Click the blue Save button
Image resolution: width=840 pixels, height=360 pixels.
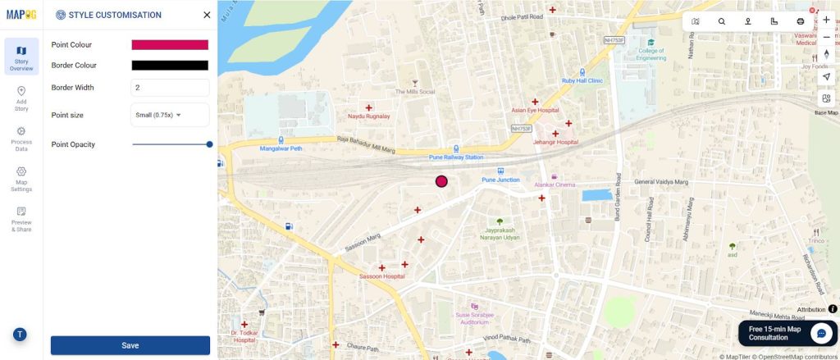click(x=130, y=345)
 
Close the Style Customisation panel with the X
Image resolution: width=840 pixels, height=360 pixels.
click(x=207, y=15)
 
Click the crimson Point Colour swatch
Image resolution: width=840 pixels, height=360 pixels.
click(x=170, y=45)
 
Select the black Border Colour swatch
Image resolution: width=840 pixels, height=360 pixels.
click(x=170, y=66)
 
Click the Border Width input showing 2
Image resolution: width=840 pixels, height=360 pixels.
click(x=170, y=88)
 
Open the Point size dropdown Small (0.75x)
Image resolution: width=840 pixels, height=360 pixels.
click(x=170, y=115)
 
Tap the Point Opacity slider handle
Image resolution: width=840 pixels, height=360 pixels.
click(x=209, y=144)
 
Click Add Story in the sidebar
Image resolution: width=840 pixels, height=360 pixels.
click(x=21, y=98)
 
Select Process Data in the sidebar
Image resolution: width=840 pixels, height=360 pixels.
click(x=21, y=139)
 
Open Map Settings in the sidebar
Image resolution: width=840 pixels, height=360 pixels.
click(x=21, y=180)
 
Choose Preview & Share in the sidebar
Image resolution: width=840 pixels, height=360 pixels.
click(x=21, y=220)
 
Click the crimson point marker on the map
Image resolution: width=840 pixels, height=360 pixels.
click(x=441, y=181)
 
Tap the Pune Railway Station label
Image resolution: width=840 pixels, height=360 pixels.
click(x=456, y=157)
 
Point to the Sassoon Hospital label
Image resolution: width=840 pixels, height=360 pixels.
click(x=382, y=277)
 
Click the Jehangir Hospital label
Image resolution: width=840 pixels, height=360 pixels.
click(x=556, y=142)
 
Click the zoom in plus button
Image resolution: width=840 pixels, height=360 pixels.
click(x=826, y=20)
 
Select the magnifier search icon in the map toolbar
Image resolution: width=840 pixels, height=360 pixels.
click(x=722, y=21)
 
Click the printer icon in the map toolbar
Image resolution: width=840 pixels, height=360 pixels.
click(x=800, y=21)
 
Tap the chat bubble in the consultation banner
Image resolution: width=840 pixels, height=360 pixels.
click(x=821, y=333)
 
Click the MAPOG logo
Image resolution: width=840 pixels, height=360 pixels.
click(x=21, y=14)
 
